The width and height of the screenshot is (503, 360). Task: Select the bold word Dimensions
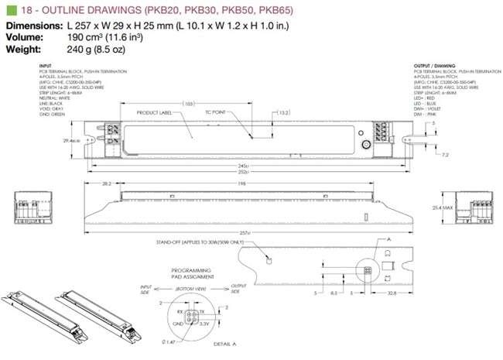click(x=33, y=25)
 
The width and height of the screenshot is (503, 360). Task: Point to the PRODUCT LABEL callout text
click(x=154, y=112)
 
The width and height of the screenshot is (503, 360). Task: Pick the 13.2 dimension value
click(x=283, y=112)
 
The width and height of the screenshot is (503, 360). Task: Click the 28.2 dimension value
click(x=106, y=185)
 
